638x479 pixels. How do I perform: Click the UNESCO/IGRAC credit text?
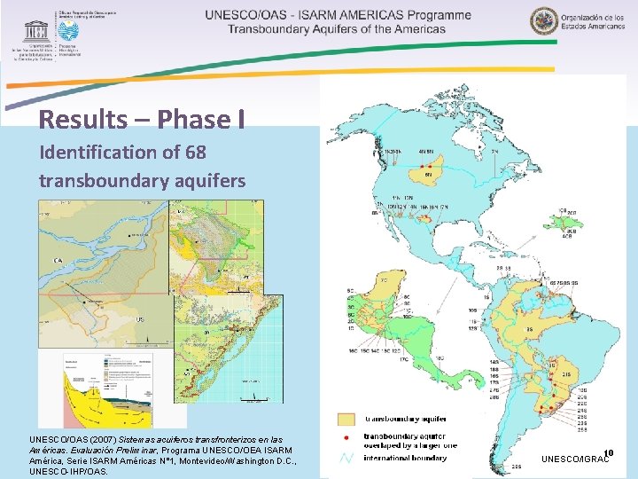[576, 459]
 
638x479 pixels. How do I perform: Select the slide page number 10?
[609, 452]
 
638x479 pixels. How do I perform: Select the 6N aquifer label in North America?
[429, 175]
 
